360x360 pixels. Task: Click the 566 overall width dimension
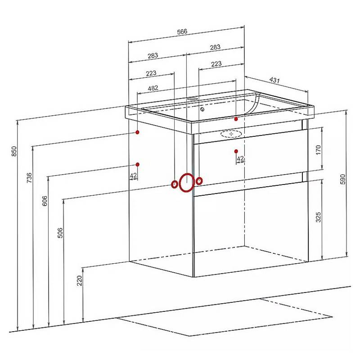coord(182,31)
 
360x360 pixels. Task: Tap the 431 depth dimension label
coord(274,80)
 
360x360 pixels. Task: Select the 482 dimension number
coord(153,88)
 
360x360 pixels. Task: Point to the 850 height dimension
coord(14,151)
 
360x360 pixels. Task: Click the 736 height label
coord(29,178)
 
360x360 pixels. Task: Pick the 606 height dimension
coord(45,201)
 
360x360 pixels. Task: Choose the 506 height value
coord(60,233)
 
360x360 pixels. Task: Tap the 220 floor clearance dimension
coord(80,280)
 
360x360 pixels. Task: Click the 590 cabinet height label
coord(342,179)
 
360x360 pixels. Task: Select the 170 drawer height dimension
coord(318,150)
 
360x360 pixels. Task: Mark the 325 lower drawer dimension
coord(318,217)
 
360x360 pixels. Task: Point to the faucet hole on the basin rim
coord(193,99)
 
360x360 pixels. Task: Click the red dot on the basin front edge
coord(236,119)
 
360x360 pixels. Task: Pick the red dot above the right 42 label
coord(236,151)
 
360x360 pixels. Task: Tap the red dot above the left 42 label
coord(138,164)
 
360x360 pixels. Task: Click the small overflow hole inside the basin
coord(202,109)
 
